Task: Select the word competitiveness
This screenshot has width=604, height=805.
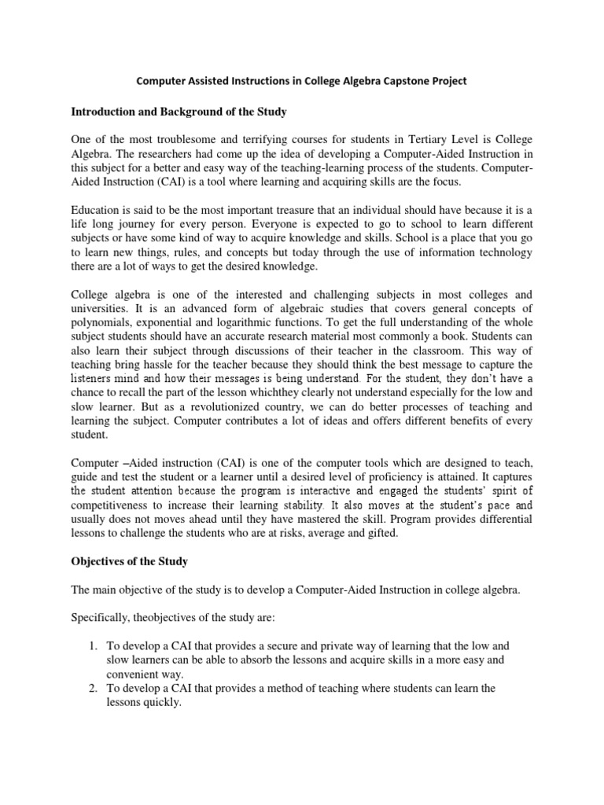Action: click(x=111, y=505)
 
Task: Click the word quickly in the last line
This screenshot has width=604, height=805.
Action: click(x=161, y=703)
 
